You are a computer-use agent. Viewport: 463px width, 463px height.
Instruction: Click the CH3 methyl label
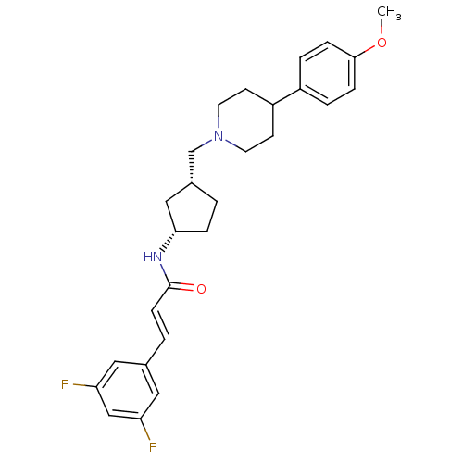click(389, 13)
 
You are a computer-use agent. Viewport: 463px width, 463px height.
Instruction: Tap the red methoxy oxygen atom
click(382, 43)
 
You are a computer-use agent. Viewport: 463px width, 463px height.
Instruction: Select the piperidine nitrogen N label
click(219, 136)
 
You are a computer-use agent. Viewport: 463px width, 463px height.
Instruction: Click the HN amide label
click(153, 257)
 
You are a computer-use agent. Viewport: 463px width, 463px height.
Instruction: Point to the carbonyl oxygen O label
click(201, 289)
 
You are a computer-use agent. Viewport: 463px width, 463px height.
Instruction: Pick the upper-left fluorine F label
click(65, 384)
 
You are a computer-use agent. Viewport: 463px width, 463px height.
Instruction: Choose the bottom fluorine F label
click(153, 447)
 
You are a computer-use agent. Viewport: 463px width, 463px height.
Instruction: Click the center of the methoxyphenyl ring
click(327, 73)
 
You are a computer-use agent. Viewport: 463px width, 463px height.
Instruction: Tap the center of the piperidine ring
click(245, 120)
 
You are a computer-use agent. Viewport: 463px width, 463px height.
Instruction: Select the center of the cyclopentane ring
click(192, 210)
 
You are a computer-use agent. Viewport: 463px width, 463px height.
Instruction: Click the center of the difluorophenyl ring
click(128, 390)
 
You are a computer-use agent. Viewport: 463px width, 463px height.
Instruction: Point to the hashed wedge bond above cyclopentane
click(192, 168)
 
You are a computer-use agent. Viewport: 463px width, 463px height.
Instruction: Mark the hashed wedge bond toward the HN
click(168, 242)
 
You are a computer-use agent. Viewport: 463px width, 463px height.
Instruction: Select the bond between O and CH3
click(382, 28)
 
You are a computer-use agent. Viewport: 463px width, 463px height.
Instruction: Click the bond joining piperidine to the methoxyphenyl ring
click(286, 96)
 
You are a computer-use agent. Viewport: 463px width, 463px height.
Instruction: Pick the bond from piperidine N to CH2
click(202, 145)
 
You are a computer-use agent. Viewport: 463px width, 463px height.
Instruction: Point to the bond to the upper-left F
click(84, 385)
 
